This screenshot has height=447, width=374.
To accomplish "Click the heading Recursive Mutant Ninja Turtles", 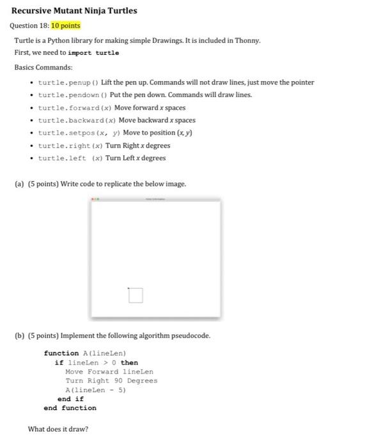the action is coord(74,11).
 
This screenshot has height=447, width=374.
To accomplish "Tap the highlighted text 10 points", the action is coord(66,26).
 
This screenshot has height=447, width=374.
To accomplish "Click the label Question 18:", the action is coord(29,26).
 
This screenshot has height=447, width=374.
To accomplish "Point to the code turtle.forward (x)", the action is coord(75,108).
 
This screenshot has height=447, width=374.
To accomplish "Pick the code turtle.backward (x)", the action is coord(77,121).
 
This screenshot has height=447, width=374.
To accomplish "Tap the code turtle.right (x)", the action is coord(70,146).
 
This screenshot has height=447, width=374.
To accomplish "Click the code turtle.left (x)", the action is coord(70,158).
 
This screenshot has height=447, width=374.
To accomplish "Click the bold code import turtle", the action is coord(96,53).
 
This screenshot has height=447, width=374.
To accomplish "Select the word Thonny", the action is coord(247,40).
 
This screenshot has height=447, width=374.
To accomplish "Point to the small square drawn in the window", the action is coord(135,295).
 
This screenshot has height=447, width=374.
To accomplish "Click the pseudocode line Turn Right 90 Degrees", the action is coord(111,381).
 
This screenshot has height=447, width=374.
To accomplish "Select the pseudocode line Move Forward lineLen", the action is coord(109,372).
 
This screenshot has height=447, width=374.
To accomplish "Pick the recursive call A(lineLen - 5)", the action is coord(95,390).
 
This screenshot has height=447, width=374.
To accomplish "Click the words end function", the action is coord(70,408).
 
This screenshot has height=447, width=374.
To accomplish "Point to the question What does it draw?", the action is coord(58,429).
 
